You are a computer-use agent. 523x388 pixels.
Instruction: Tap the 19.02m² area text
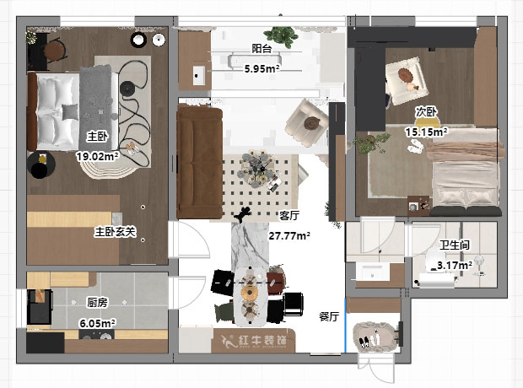pyautogui.click(x=97, y=155)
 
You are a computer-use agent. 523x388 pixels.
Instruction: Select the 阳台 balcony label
pyautogui.click(x=261, y=49)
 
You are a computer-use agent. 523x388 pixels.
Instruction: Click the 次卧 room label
pyautogui.click(x=425, y=111)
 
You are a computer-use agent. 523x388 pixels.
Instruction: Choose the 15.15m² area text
pyautogui.click(x=426, y=132)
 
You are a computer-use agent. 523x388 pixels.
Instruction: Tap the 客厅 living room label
pyautogui.click(x=290, y=215)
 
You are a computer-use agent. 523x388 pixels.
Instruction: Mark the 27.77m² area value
pyautogui.click(x=289, y=236)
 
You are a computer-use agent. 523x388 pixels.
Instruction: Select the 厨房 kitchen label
pyautogui.click(x=97, y=302)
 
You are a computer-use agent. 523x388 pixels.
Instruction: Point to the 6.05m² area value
pyautogui.click(x=97, y=322)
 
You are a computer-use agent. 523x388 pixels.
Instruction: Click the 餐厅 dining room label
pyautogui.click(x=328, y=317)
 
